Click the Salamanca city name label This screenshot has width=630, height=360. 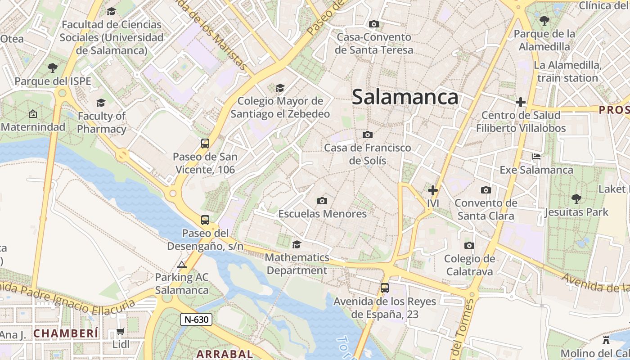click(405, 97)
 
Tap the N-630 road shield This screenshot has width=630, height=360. click(196, 319)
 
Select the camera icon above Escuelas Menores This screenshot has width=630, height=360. click(322, 201)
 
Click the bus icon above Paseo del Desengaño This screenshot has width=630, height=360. click(205, 220)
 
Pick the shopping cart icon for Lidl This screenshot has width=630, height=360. click(120, 332)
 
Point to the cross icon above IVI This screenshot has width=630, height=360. click(433, 190)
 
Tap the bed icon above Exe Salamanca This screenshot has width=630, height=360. click(536, 157)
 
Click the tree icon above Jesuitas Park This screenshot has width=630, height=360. click(576, 198)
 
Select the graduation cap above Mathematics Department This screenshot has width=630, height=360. click(297, 244)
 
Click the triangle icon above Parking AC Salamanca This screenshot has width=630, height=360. click(182, 265)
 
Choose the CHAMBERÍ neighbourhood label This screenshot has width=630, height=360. click(66, 333)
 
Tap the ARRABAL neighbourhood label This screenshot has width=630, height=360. click(225, 354)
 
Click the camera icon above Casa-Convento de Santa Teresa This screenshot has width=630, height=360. click(373, 24)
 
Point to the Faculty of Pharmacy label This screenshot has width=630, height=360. click(101, 122)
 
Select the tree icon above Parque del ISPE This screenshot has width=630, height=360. click(53, 68)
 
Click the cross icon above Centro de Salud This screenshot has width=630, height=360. click(521, 102)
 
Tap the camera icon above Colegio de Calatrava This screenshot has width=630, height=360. click(469, 245)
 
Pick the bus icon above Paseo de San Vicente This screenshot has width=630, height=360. click(205, 144)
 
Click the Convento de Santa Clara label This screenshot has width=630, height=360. click(486, 209)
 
